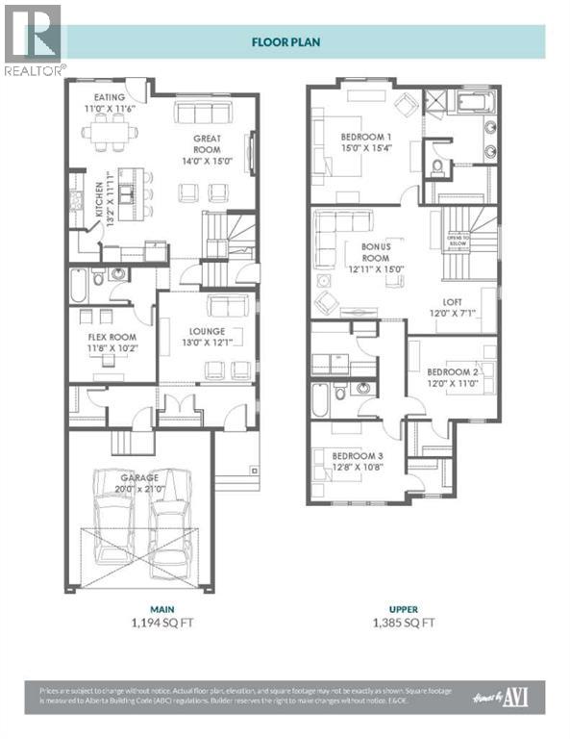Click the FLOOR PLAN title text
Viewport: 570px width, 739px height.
pyautogui.click(x=285, y=42)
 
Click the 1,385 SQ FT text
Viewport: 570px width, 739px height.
pyautogui.click(x=403, y=623)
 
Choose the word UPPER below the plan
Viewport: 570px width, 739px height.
pyautogui.click(x=403, y=608)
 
